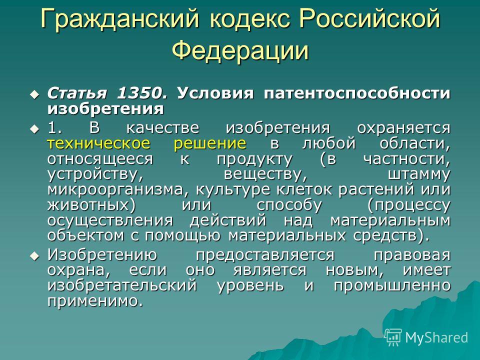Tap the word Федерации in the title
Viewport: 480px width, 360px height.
click(240, 50)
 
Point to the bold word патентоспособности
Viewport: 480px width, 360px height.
click(357, 93)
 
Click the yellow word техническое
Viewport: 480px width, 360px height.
click(99, 143)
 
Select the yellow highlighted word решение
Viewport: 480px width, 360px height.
click(210, 143)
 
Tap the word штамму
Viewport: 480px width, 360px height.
click(419, 174)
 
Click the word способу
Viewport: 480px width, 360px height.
click(289, 205)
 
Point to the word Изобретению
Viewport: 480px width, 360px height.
click(102, 254)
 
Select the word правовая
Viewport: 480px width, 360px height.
click(412, 255)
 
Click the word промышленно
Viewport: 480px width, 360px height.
click(392, 286)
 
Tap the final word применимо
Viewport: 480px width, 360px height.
click(95, 301)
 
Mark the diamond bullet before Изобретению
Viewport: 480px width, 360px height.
click(34, 255)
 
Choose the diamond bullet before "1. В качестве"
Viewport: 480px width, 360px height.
click(34, 128)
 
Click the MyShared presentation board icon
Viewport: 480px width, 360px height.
click(393, 337)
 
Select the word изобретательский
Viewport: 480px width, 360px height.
click(122, 286)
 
